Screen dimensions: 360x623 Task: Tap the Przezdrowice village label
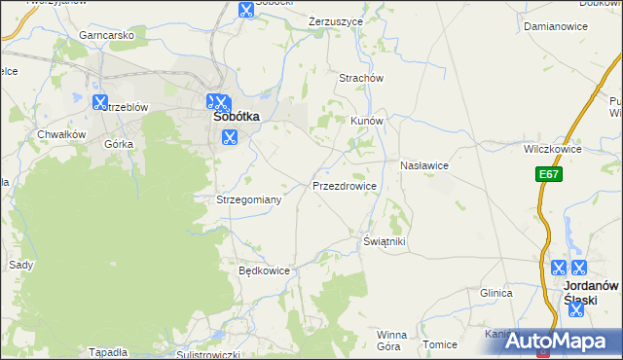(x=344, y=184)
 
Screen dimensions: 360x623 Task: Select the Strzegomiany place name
(x=248, y=199)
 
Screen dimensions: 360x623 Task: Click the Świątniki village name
(x=384, y=240)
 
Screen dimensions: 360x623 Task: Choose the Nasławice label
(x=423, y=165)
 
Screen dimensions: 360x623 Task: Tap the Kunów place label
(x=368, y=121)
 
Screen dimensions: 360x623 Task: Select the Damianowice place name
(x=555, y=26)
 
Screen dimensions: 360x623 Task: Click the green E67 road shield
(x=548, y=174)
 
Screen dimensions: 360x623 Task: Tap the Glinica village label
(x=495, y=292)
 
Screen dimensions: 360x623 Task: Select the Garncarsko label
(x=107, y=35)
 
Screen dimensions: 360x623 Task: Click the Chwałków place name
(x=61, y=134)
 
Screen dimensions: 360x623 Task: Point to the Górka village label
(x=118, y=143)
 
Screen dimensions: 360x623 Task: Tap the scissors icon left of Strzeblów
(x=99, y=101)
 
